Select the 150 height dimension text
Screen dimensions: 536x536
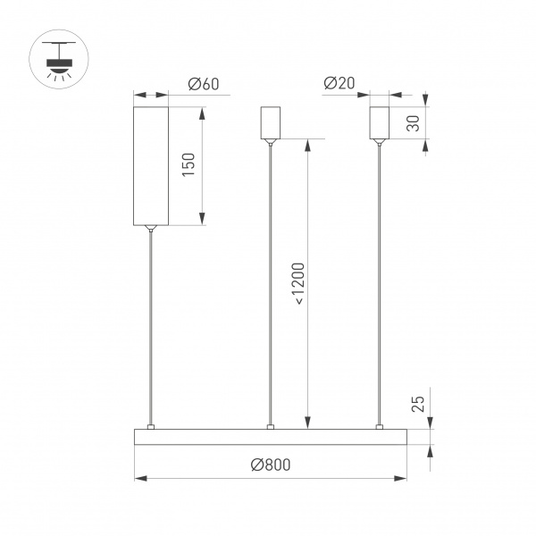(188, 164)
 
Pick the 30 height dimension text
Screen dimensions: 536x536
(413, 123)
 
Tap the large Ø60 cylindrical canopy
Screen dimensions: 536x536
(151, 165)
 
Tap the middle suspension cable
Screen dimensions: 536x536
(270, 286)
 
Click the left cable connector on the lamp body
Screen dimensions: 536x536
(151, 425)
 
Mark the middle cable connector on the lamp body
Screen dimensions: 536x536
(270, 425)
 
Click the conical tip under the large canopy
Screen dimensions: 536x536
(151, 228)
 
